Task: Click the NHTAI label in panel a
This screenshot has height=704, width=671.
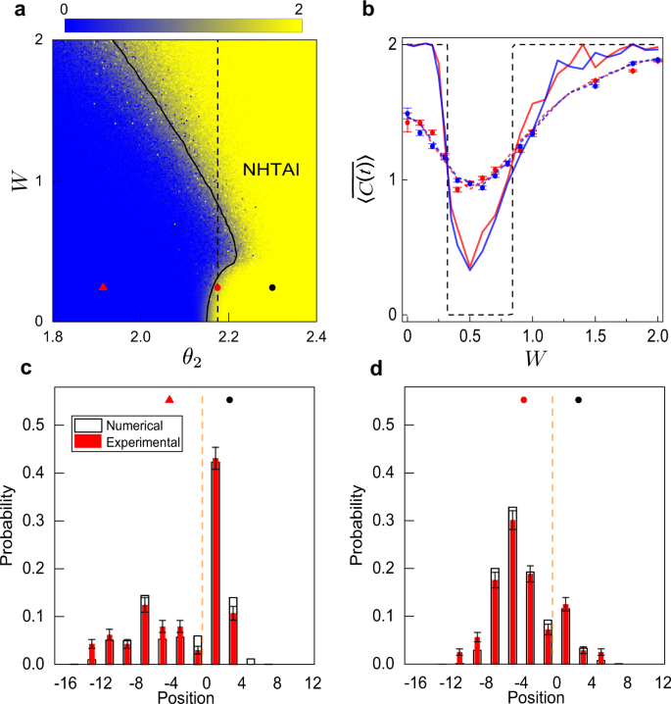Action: pos(270,170)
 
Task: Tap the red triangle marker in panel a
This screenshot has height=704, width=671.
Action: pos(104,286)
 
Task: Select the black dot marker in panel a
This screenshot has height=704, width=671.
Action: pos(272,287)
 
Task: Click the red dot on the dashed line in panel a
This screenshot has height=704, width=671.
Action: pos(217,287)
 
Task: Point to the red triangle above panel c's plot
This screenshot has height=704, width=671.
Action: pos(169,399)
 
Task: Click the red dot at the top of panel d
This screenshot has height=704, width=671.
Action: pos(524,400)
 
